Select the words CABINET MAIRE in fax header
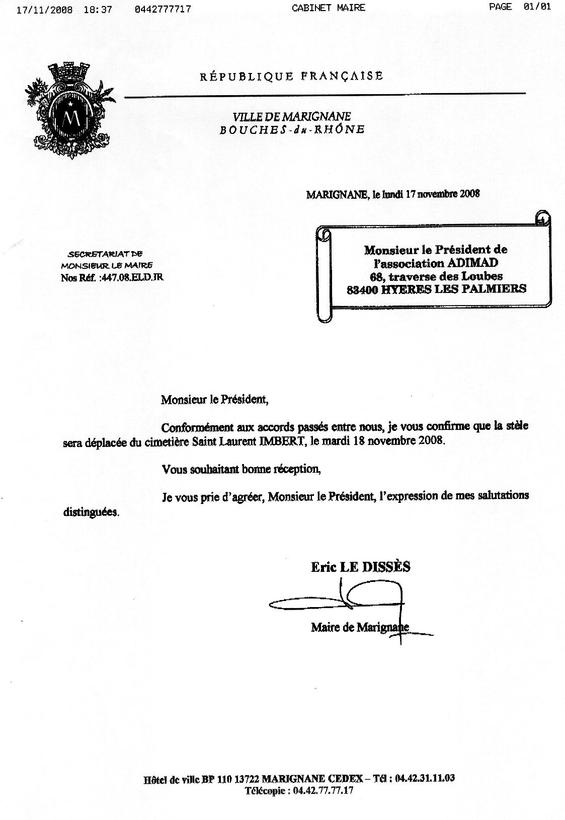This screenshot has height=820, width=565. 328,8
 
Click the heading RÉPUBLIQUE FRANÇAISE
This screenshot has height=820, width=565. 291,77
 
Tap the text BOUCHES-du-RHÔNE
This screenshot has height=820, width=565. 292,129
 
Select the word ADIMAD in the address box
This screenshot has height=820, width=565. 478,263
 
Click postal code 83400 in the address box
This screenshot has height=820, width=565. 363,289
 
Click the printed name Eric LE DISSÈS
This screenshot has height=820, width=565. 360,567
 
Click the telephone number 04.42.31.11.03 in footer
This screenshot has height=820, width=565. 425,778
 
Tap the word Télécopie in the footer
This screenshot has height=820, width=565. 266,790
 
